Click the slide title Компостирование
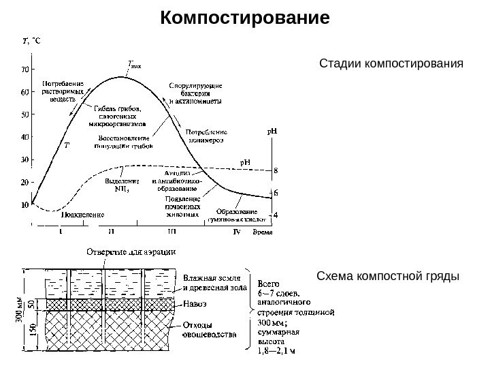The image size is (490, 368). pos(245,16)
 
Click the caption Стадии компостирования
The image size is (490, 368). pos(391,64)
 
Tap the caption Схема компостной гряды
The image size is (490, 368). pos(389,277)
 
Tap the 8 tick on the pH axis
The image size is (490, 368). pos(276,170)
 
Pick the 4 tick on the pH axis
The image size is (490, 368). pos(276,215)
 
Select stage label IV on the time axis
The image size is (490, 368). pos(237,232)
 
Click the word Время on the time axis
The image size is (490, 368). pos(263,232)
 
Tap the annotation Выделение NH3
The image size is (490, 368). pos(122,185)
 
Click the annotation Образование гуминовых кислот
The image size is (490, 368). pos(237,215)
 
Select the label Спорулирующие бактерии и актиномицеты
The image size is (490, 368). pos(195,93)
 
